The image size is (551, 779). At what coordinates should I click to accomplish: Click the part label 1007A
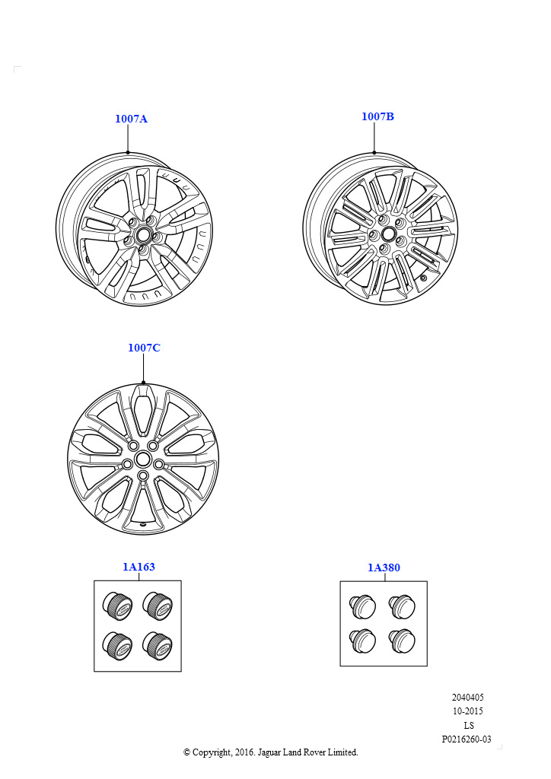coord(131,119)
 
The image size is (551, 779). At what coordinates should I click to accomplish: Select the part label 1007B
coord(377,116)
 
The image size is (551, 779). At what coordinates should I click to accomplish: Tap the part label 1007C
coord(144,348)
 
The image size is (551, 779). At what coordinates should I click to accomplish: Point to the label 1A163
coord(139,567)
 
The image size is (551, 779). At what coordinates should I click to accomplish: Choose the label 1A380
coord(384,568)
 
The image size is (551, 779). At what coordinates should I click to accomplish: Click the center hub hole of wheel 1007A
coord(144,233)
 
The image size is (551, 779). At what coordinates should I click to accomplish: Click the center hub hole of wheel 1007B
coord(388,233)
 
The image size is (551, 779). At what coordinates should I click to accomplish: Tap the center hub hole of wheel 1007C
coord(143,458)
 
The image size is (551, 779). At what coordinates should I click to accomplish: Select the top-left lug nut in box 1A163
coord(118,606)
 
